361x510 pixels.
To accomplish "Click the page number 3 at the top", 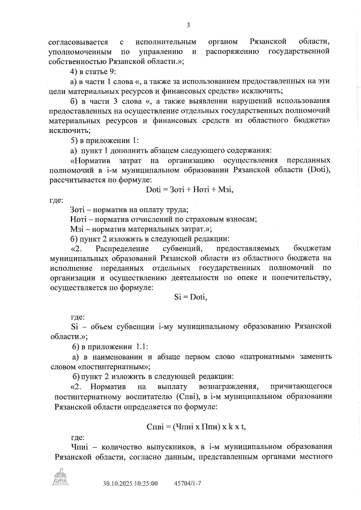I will pos(188,25).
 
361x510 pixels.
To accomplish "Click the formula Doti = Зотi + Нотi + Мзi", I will pos(189,190).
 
